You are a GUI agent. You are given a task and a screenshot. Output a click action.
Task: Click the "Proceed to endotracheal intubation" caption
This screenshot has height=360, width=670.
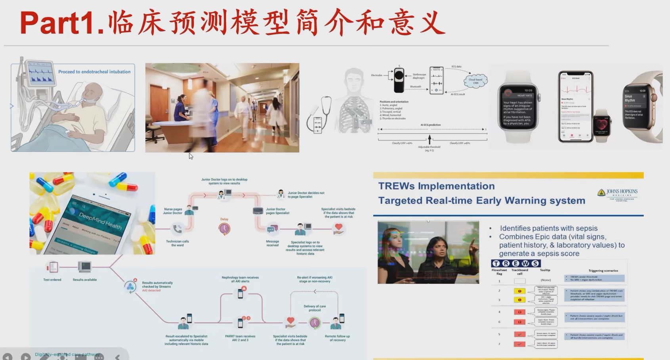pyautogui.click(x=94, y=72)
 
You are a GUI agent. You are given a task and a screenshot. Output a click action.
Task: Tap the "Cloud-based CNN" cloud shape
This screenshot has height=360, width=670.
pyautogui.click(x=475, y=81)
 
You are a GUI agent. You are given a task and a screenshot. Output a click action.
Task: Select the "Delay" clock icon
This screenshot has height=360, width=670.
pyautogui.click(x=224, y=229)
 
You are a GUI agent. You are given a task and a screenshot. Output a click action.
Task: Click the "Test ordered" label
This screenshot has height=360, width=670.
pyautogui.click(x=52, y=280)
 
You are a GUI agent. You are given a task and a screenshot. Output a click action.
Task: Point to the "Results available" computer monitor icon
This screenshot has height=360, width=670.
pyautogui.click(x=84, y=267)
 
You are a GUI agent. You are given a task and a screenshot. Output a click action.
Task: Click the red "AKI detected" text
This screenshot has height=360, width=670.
pyautogui.click(x=151, y=290)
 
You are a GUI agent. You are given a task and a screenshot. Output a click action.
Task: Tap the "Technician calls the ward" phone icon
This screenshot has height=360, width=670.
pyautogui.click(x=177, y=229)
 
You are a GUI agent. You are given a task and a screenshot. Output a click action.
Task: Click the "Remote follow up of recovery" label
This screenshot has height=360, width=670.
pyautogui.click(x=337, y=338)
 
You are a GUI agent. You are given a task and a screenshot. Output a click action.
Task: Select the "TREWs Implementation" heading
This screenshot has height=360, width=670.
pyautogui.click(x=436, y=186)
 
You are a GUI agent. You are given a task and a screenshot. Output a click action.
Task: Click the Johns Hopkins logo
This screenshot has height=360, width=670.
pyautogui.click(x=617, y=194)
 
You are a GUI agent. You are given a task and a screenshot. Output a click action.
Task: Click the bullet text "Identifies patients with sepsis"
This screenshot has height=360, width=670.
pyautogui.click(x=548, y=228)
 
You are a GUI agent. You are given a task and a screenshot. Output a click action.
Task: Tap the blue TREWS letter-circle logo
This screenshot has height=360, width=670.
pyautogui.click(x=515, y=263)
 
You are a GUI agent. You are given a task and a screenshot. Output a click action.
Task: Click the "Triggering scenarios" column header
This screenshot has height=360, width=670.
pyautogui.click(x=603, y=270)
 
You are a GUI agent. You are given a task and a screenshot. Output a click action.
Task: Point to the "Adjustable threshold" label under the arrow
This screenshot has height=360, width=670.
pyautogui.click(x=429, y=148)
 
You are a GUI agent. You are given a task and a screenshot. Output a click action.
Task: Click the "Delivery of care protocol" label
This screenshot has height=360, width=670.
pyautogui.click(x=315, y=308)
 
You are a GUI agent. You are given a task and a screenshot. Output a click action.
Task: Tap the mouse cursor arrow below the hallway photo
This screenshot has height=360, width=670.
pyautogui.click(x=191, y=156)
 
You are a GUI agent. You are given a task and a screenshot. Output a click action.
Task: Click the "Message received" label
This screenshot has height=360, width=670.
pyautogui.click(x=272, y=243)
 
